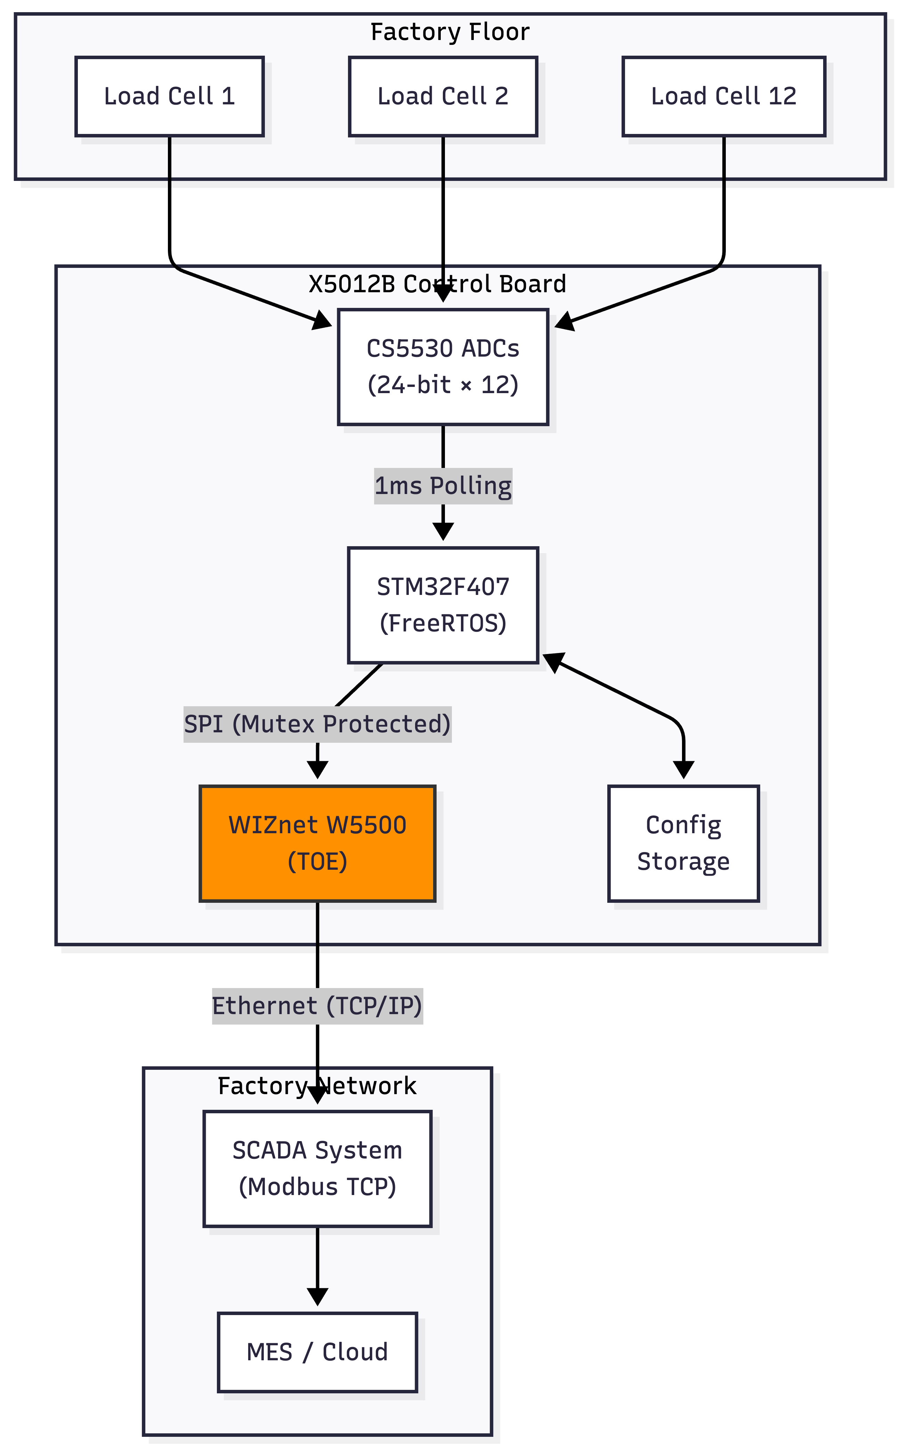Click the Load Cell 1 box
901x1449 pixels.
click(x=169, y=97)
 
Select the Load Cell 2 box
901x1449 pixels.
click(x=443, y=97)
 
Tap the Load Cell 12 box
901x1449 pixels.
click(x=723, y=97)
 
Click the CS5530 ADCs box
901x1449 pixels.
click(x=443, y=367)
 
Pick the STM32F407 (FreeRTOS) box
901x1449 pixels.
click(x=443, y=605)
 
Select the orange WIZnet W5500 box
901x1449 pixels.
click(x=318, y=843)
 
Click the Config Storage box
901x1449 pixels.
click(x=683, y=843)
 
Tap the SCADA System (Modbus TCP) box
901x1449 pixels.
click(x=318, y=1169)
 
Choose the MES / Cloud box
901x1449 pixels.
click(x=318, y=1352)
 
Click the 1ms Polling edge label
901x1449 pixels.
click(x=443, y=486)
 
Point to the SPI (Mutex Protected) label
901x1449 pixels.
click(x=318, y=724)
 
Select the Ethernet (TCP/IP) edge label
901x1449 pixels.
click(x=318, y=1006)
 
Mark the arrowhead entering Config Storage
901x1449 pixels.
click(x=683, y=770)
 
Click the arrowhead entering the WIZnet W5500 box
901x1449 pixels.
click(x=318, y=770)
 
